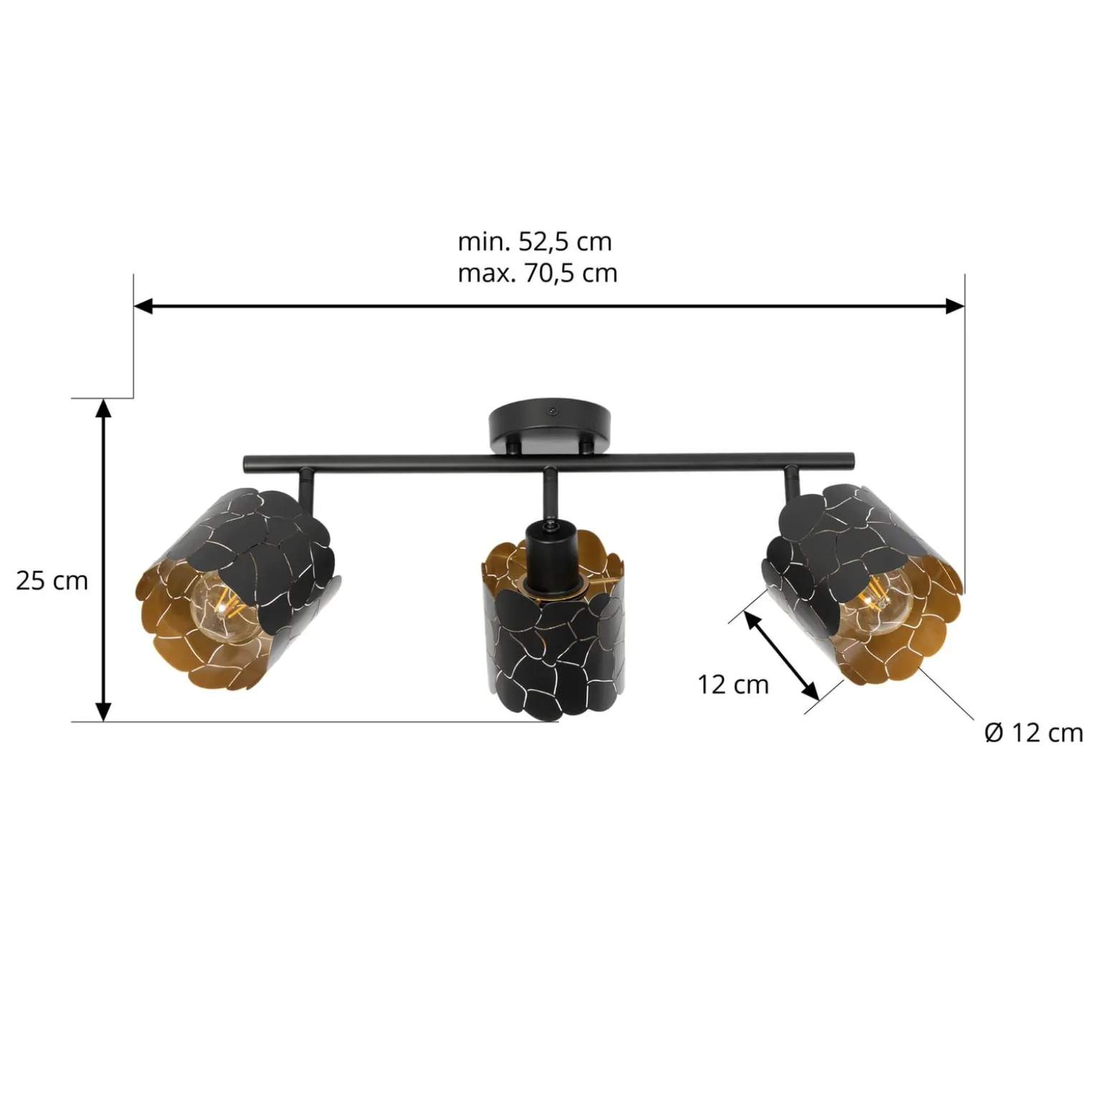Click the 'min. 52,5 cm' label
click(x=535, y=242)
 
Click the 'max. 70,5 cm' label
click(x=537, y=273)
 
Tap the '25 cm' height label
click(x=52, y=580)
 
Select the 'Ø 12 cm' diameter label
click(x=1033, y=733)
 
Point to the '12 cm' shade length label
click(x=733, y=685)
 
